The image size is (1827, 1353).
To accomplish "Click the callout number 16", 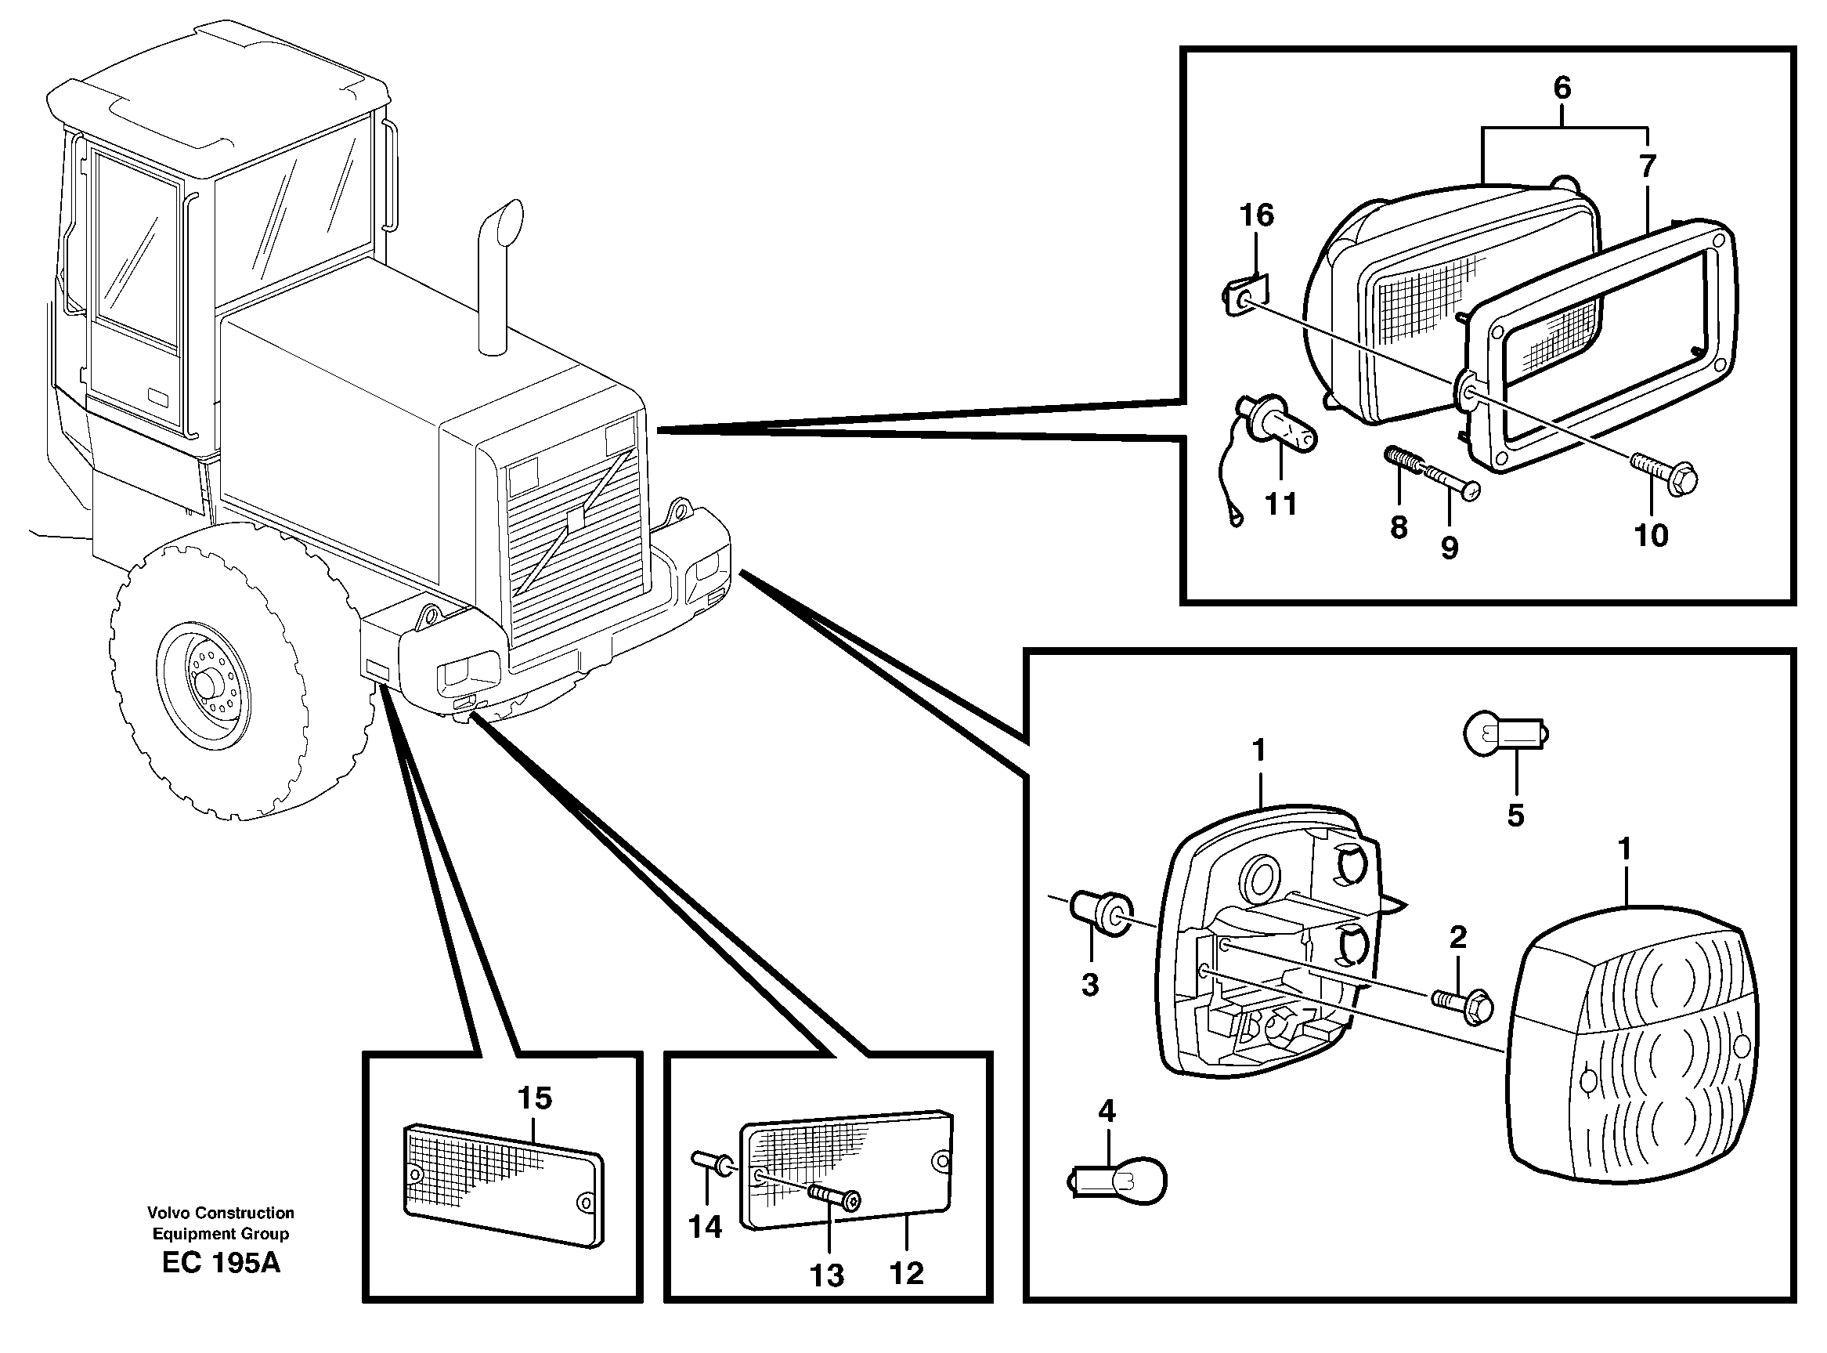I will point(1256,215).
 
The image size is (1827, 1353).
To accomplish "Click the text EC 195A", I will point(221,1262).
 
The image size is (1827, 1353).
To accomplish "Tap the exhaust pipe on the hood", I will point(499,278).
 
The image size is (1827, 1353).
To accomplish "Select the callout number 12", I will point(906,1272).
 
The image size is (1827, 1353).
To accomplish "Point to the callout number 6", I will point(1562,88).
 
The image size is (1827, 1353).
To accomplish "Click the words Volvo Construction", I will point(221,1213).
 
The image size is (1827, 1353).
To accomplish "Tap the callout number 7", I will point(1647,166).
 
